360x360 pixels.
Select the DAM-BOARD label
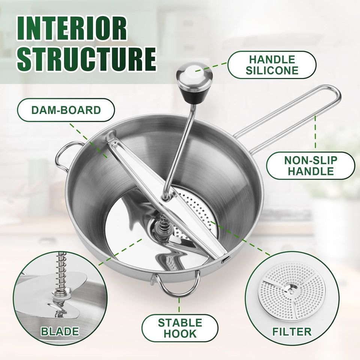tap(66, 110)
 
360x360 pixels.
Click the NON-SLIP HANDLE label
tap(310, 166)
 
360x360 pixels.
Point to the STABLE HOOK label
tap(180, 328)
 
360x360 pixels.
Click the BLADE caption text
tap(60, 331)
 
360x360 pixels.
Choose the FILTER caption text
tap(292, 331)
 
